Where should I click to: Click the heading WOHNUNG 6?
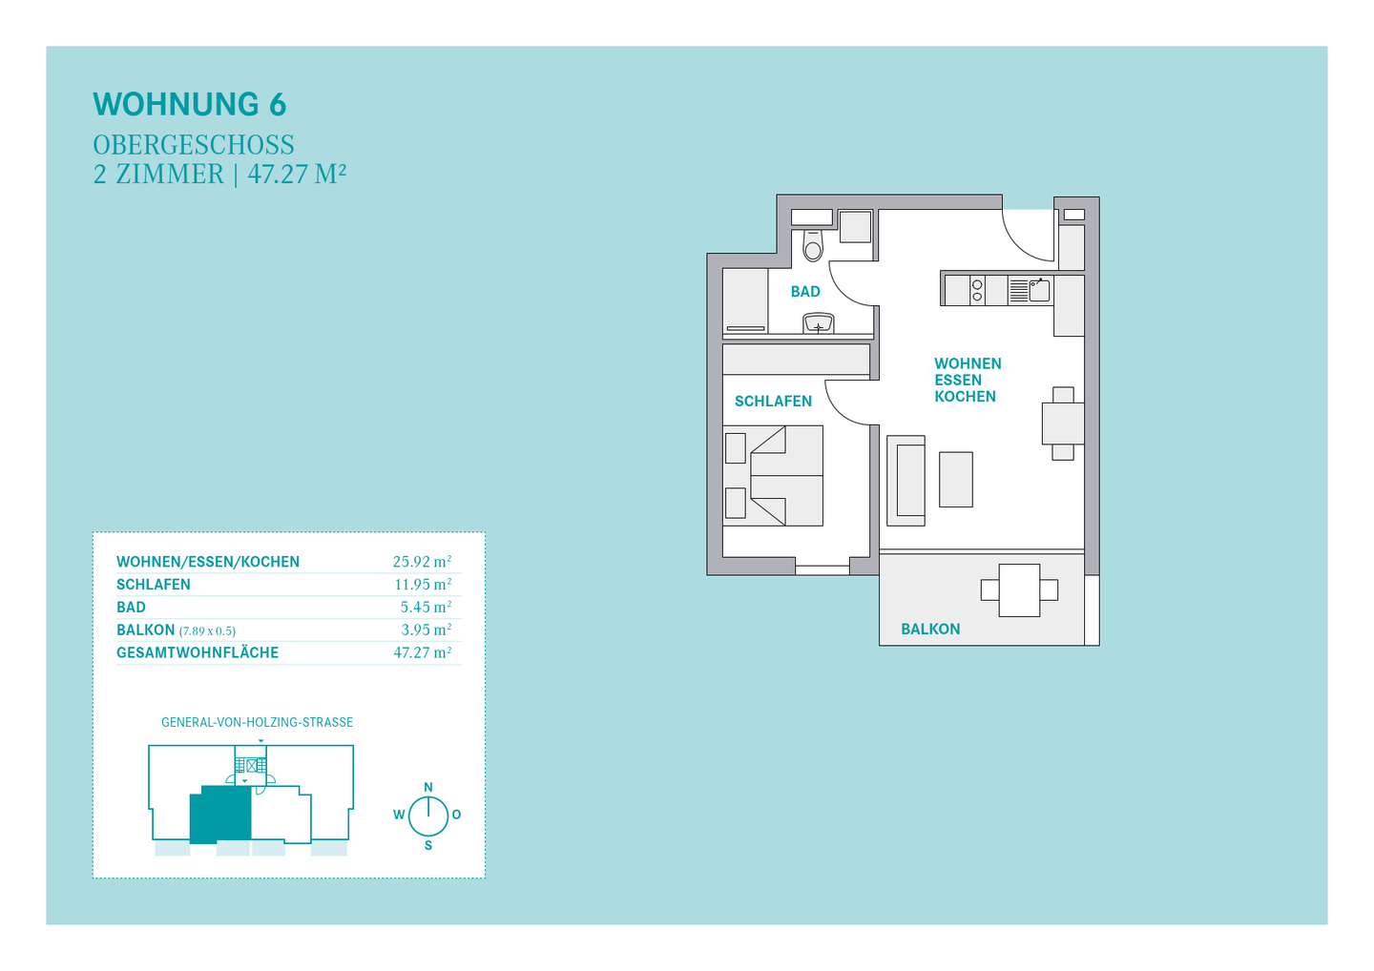click(x=190, y=104)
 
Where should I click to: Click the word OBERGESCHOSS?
click(x=194, y=145)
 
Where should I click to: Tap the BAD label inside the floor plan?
click(x=805, y=292)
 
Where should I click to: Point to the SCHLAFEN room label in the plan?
click(x=773, y=402)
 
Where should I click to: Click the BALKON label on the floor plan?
click(x=930, y=629)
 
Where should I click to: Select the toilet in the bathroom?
click(x=813, y=245)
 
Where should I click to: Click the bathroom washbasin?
click(x=819, y=323)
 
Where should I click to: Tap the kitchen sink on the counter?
click(x=1039, y=290)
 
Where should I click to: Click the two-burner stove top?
click(x=977, y=290)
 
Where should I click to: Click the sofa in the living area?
click(x=906, y=481)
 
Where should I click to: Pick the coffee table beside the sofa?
click(x=956, y=480)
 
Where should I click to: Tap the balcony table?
click(x=1019, y=590)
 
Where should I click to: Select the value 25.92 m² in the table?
click(x=422, y=561)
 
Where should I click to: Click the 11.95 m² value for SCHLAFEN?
click(x=423, y=584)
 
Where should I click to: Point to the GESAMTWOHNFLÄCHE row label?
click(x=198, y=652)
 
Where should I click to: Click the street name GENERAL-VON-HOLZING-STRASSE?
click(x=257, y=722)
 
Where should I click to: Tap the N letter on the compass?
click(x=428, y=787)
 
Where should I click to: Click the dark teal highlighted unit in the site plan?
click(x=220, y=815)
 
